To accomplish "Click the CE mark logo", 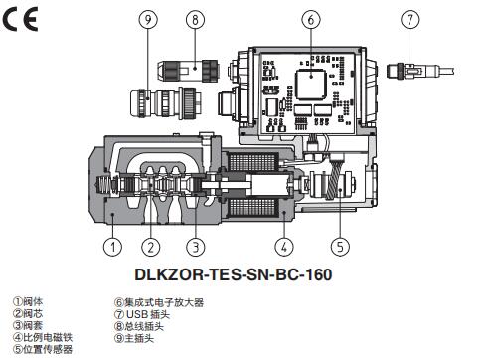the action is point(21,19).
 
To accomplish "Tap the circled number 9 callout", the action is point(148,19).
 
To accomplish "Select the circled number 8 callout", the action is point(195,19).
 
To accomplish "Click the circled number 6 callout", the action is point(311,19).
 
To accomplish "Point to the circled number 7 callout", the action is point(410,19).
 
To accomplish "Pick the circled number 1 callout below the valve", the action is point(112,247).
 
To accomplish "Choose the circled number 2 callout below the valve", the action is point(151,247).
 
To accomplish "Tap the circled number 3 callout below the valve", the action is point(196,247).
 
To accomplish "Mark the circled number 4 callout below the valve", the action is point(284,247).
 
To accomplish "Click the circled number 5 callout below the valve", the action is point(340,247).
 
